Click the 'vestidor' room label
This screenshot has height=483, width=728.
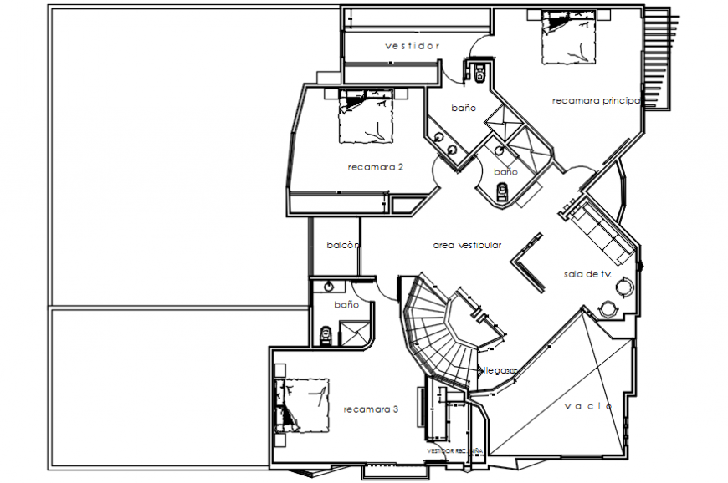click(412, 46)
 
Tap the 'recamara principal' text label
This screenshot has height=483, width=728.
click(596, 101)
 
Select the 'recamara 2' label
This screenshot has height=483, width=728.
click(375, 167)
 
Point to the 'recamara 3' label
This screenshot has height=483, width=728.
click(371, 409)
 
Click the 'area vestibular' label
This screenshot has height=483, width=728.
click(467, 246)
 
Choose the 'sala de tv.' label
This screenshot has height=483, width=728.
click(587, 274)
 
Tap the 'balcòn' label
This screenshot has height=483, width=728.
click(343, 246)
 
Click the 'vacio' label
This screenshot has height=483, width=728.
click(587, 406)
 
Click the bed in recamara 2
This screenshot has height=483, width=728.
click(365, 116)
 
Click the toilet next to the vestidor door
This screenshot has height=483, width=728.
click(479, 74)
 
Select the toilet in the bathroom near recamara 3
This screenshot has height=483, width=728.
click(326, 335)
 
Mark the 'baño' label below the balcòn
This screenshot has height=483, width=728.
click(346, 305)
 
